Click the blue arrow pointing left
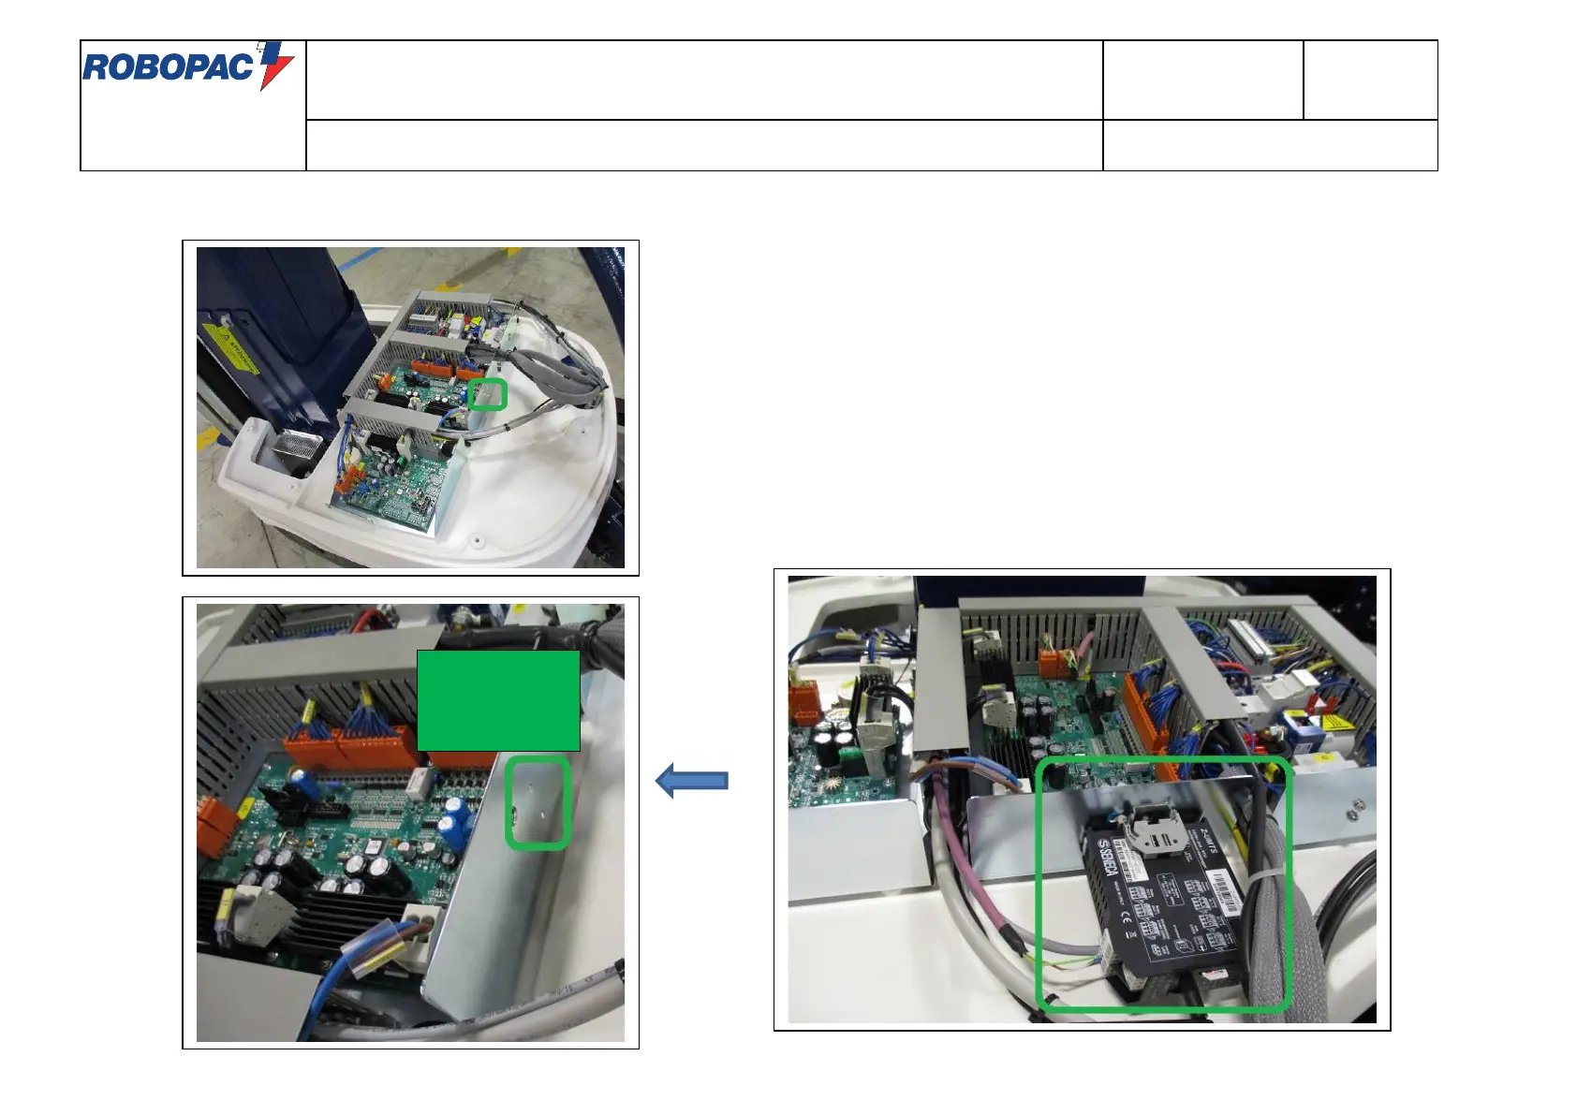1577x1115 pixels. coord(692,780)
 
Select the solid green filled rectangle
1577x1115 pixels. coord(498,700)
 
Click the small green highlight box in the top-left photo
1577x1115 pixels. coord(487,394)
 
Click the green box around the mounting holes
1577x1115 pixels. coord(538,803)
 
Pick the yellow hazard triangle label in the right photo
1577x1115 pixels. coord(1331,723)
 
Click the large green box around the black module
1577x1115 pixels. coord(1164,885)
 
